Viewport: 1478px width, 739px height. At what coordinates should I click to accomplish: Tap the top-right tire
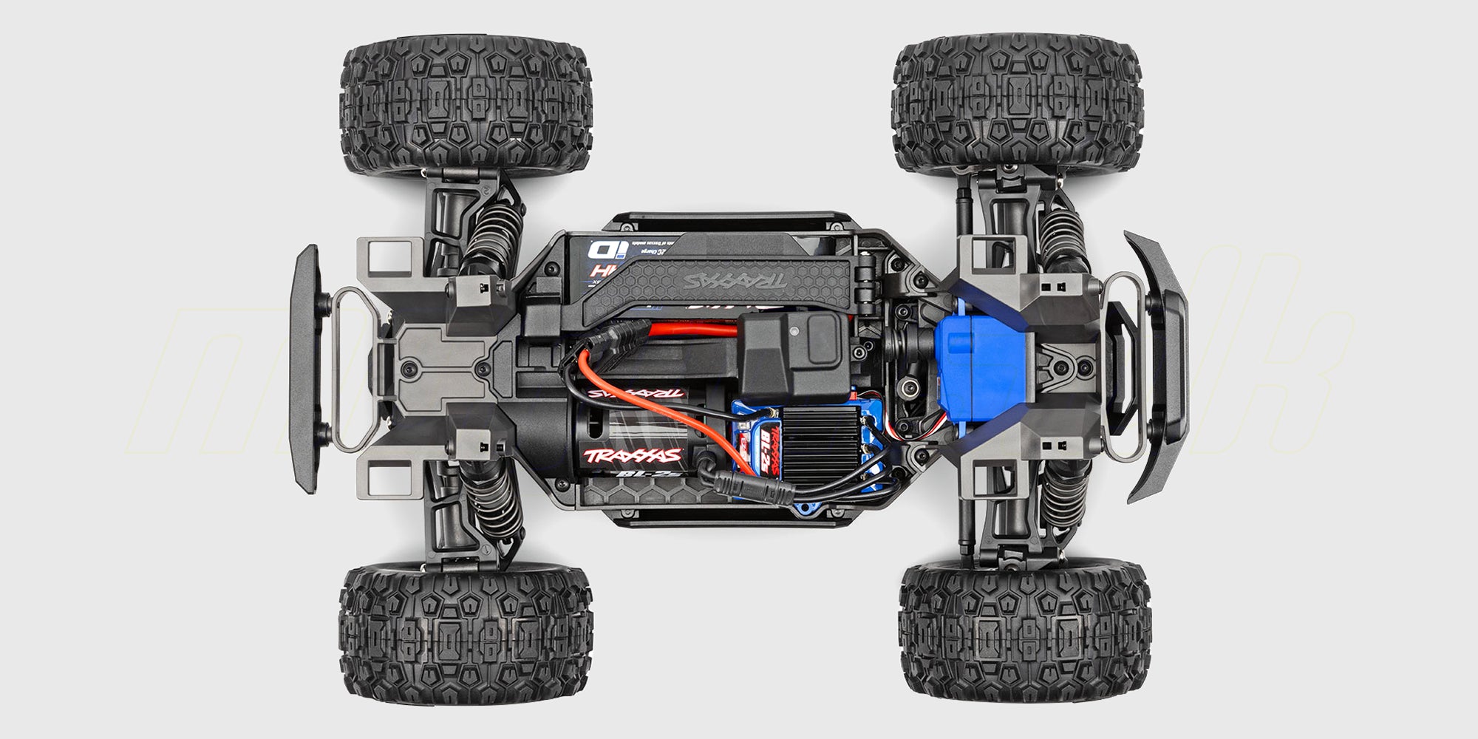click(x=1024, y=103)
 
